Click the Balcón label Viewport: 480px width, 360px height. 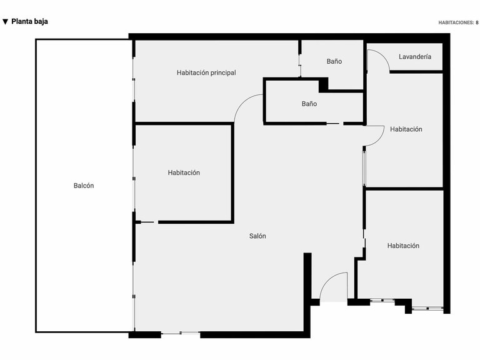[x=84, y=186]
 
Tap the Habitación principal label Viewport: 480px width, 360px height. [x=206, y=73]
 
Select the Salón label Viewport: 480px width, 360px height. [x=257, y=236]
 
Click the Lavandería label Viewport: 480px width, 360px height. [x=414, y=57]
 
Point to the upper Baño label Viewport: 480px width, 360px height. [x=334, y=62]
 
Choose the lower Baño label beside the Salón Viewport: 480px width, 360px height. [x=309, y=104]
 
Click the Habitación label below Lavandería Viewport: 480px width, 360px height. [x=406, y=129]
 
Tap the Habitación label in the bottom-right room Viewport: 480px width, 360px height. [x=403, y=246]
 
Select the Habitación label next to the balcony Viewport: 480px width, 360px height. [x=184, y=173]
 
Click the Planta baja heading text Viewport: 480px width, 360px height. [x=29, y=21]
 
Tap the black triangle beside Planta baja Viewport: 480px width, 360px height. [x=6, y=22]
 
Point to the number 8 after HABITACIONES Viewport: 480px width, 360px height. [x=477, y=22]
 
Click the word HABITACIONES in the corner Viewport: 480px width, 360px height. [x=456, y=22]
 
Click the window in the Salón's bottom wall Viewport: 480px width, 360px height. [x=181, y=334]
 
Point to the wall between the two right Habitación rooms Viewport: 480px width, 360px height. [x=404, y=188]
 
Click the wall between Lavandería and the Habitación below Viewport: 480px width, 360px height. [x=416, y=72]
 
